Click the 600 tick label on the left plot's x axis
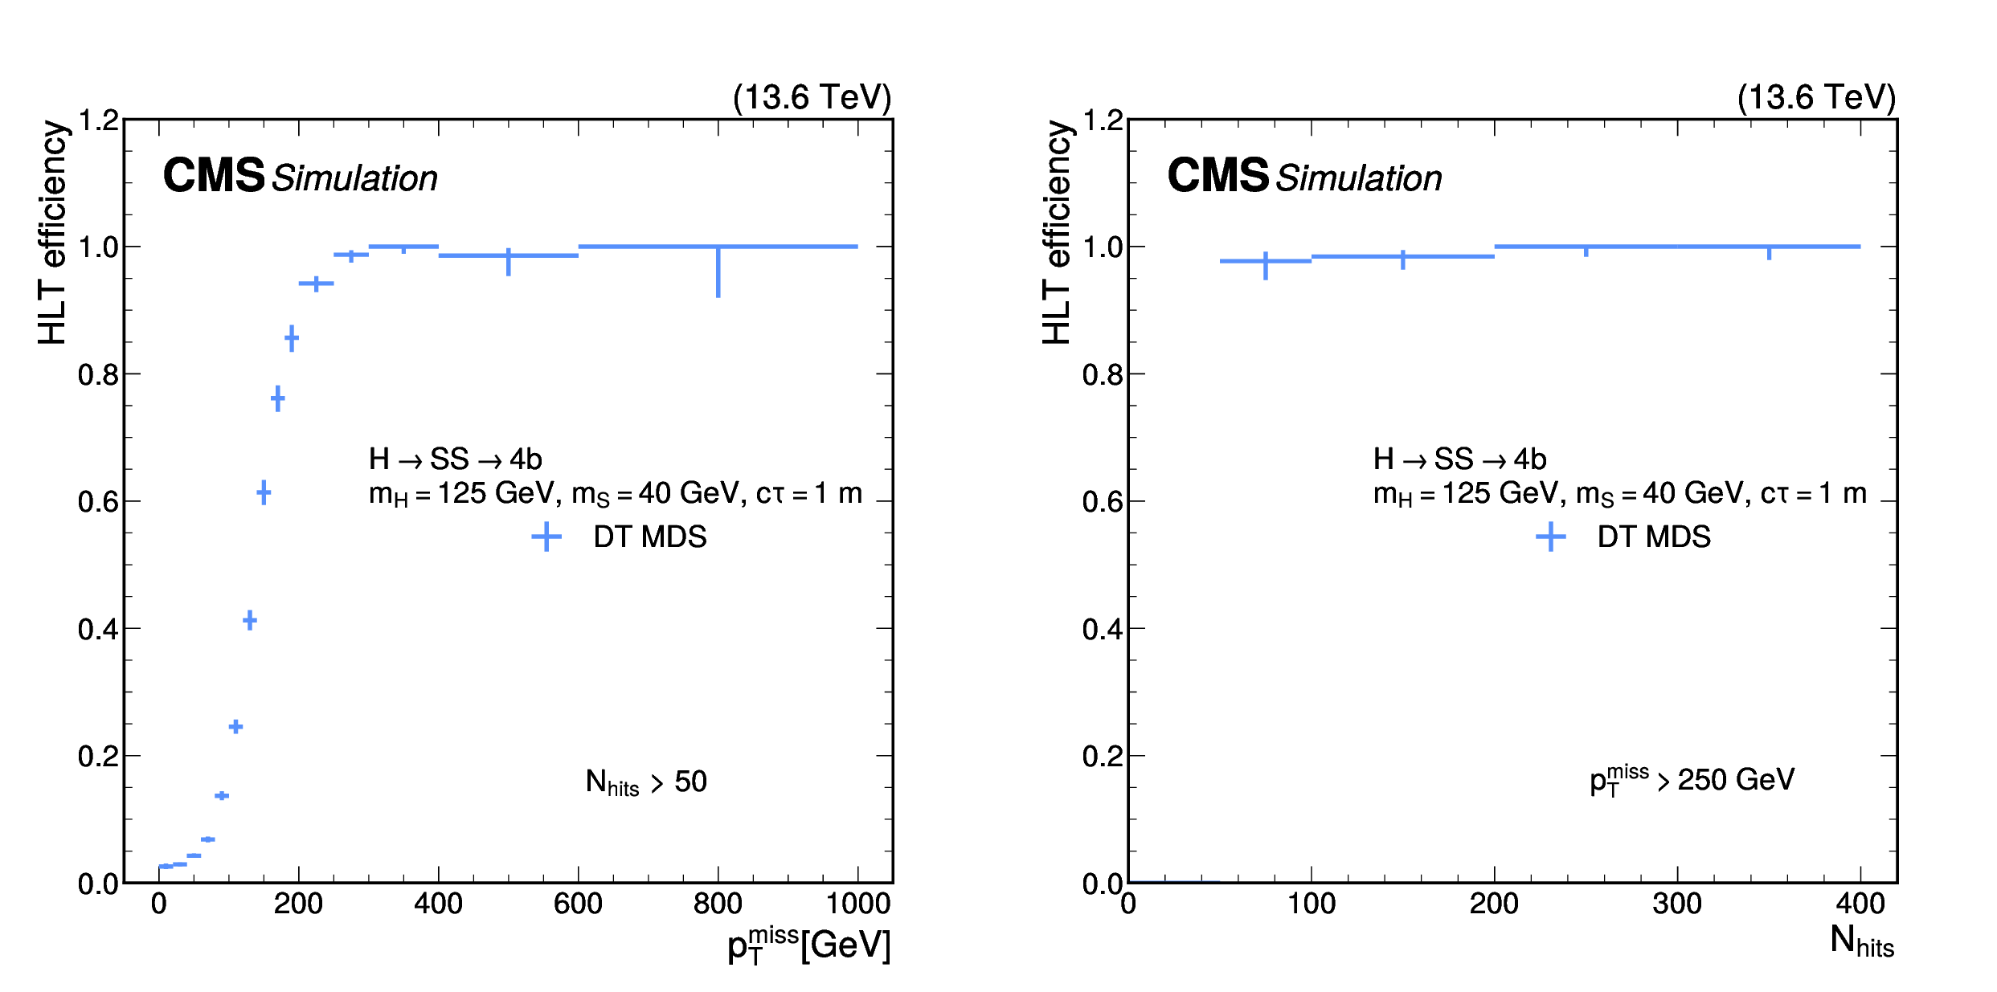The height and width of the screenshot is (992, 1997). (x=578, y=904)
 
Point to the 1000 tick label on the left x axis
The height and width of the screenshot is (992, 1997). (x=857, y=904)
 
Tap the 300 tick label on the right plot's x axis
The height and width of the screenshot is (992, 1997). (x=1677, y=904)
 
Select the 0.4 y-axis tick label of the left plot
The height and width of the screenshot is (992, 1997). (x=98, y=629)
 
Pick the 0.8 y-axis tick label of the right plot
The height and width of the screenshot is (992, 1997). (x=1103, y=374)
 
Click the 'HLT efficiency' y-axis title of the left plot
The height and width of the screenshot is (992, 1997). (x=52, y=233)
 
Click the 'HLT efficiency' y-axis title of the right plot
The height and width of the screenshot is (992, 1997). (x=1057, y=233)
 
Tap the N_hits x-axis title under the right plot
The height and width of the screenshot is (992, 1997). (x=1861, y=941)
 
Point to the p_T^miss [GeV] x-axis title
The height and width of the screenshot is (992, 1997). (x=808, y=945)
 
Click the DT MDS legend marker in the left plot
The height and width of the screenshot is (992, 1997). (x=546, y=537)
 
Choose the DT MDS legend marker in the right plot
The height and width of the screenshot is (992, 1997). (x=1551, y=537)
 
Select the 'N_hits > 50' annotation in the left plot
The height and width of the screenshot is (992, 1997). (x=646, y=782)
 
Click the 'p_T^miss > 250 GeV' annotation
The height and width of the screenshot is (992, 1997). (x=1692, y=780)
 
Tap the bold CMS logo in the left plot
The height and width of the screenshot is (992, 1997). (x=214, y=175)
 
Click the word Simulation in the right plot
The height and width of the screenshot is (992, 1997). (x=1359, y=178)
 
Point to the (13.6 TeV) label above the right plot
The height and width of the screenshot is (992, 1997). (x=1816, y=97)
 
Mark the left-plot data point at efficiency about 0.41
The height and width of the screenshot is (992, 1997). (x=250, y=620)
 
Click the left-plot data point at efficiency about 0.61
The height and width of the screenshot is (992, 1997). (x=264, y=492)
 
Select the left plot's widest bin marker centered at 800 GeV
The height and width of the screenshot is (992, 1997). (x=718, y=247)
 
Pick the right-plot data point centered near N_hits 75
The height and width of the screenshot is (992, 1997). (x=1266, y=261)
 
